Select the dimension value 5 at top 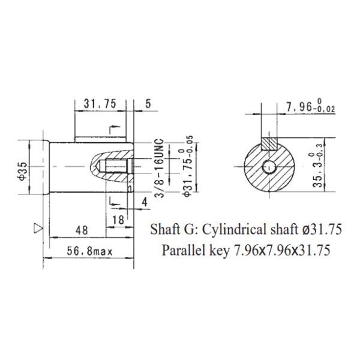[148, 104]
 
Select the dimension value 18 [118, 220]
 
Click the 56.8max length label [89, 250]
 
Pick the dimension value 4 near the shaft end [144, 202]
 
